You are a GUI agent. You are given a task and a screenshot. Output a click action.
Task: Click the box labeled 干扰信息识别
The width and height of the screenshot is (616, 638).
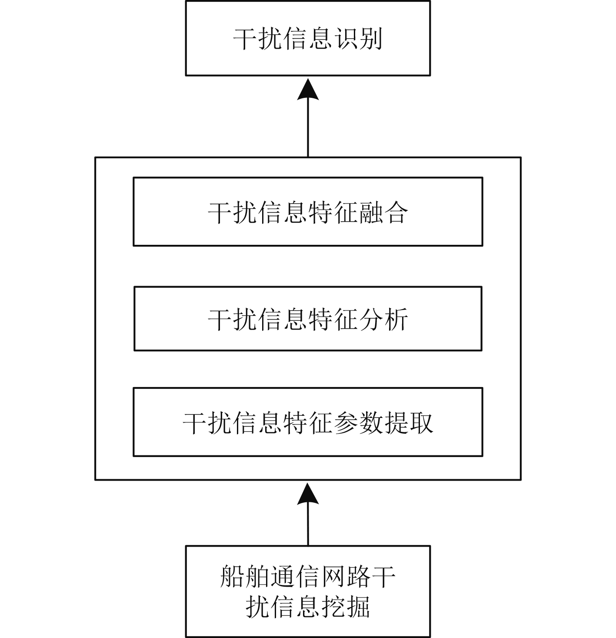pos(308,38)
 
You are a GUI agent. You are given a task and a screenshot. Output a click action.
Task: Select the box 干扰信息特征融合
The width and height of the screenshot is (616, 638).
pos(308,211)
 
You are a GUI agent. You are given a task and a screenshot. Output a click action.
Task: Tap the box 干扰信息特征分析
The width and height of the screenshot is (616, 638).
pos(308,319)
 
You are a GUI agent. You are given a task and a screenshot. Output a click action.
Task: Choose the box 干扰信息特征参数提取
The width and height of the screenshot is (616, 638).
pos(308,422)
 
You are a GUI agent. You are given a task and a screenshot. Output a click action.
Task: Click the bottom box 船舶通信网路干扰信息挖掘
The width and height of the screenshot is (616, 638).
pos(308,591)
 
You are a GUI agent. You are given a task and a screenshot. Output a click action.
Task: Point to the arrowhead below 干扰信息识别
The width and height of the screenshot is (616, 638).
pos(308,89)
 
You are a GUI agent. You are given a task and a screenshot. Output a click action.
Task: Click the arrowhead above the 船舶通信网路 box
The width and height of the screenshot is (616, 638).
pos(308,494)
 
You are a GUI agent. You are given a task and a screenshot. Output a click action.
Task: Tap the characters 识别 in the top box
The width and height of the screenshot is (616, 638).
pos(357,39)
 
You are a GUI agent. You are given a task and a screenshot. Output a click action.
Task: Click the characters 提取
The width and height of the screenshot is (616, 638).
pos(408,422)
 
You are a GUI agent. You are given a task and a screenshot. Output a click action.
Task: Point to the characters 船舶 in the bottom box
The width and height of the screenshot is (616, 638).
pos(245,577)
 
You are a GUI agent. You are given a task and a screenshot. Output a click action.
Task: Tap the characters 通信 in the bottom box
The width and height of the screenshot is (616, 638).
pos(295,577)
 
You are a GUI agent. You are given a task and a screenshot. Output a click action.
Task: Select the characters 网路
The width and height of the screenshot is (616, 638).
pos(346,577)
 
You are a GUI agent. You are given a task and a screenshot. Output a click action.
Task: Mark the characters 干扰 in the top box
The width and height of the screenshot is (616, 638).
pos(258,39)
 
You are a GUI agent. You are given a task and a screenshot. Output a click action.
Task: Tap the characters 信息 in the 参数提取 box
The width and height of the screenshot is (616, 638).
pos(257,422)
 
